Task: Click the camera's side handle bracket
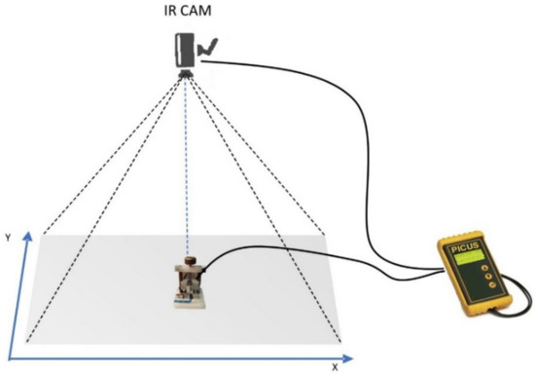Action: [x=205, y=47]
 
